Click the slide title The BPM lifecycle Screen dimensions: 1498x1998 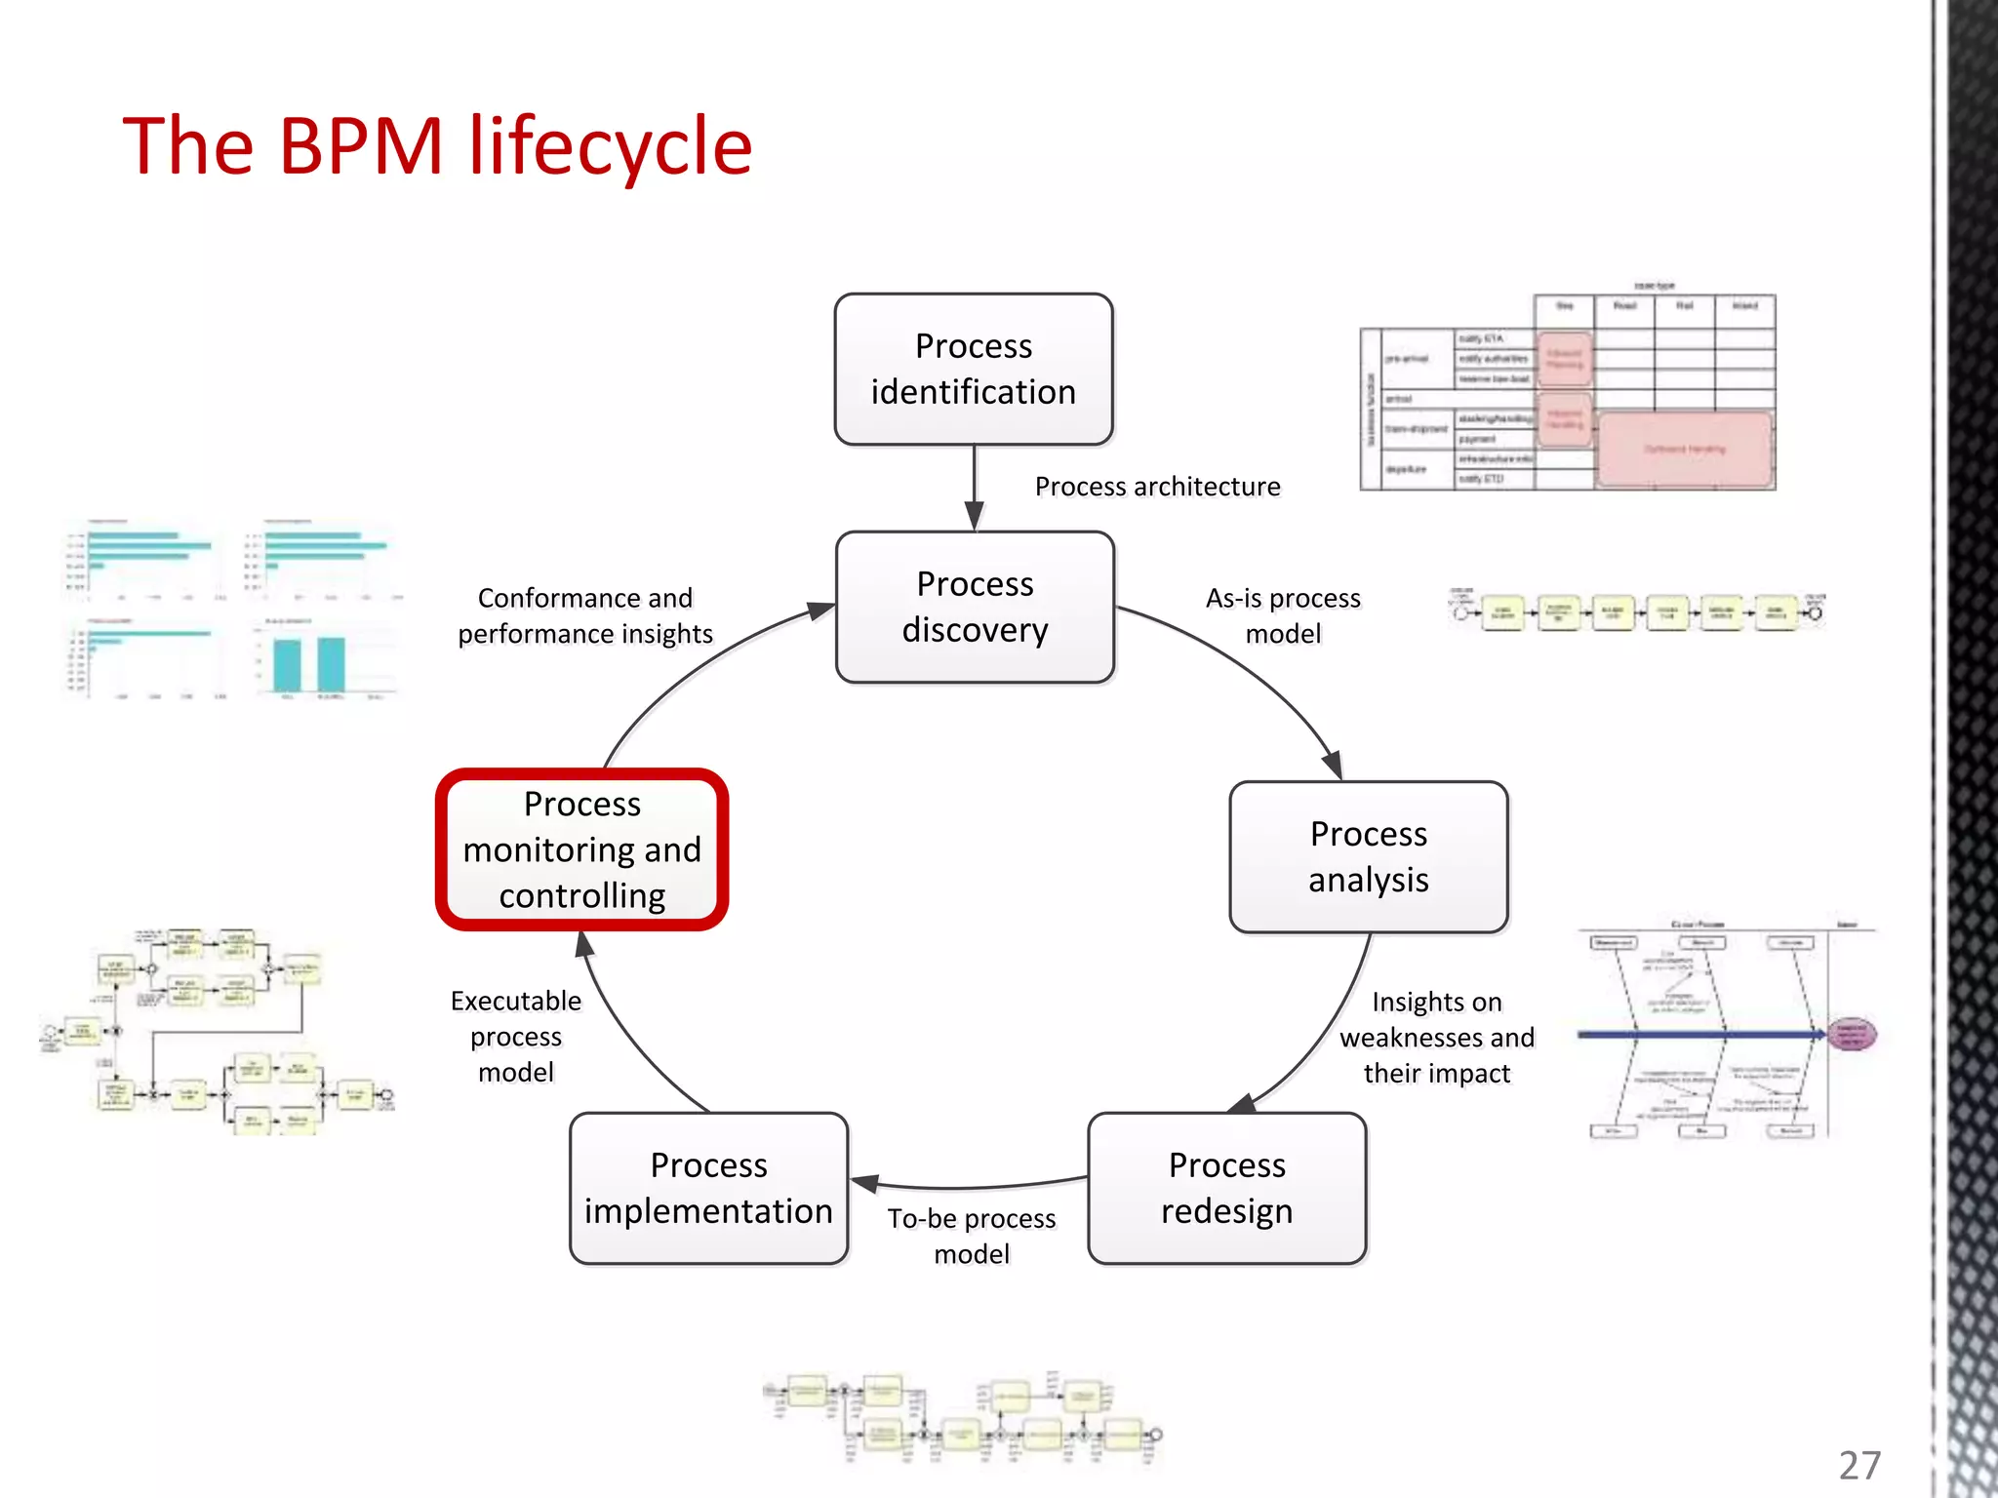(x=437, y=146)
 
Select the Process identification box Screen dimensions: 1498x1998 (x=973, y=369)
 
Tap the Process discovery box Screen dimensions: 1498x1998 (x=975, y=607)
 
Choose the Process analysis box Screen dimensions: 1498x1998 (x=1368, y=856)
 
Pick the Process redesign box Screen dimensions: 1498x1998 (x=1226, y=1188)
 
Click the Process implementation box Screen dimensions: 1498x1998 (x=708, y=1188)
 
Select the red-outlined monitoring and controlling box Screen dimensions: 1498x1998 (x=582, y=849)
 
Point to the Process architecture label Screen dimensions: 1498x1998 (x=1157, y=486)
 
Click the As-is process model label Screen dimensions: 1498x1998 (x=1283, y=615)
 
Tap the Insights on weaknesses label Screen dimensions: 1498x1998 (x=1436, y=1037)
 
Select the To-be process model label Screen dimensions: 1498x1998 (x=972, y=1236)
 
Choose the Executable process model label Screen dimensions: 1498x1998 (x=516, y=1036)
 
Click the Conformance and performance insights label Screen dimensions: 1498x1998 (x=585, y=615)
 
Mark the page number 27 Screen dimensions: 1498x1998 (x=1859, y=1465)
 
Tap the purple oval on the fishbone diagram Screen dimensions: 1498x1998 (x=1851, y=1034)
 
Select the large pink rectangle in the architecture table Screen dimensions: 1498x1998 (x=1685, y=450)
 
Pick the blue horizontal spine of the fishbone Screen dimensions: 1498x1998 (x=1698, y=1034)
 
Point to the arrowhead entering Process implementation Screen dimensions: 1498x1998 (x=864, y=1184)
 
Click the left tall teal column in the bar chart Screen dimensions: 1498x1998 (x=287, y=665)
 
